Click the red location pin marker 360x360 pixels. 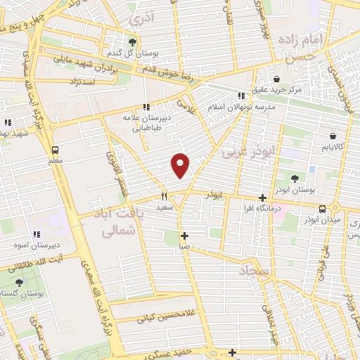tap(181, 165)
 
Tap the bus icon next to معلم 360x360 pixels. tap(55, 149)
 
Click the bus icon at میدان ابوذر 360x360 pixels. tap(322, 208)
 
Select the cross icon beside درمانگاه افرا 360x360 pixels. tap(262, 198)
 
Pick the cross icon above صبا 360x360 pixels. tap(184, 236)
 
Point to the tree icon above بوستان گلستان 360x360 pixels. tap(19, 282)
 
